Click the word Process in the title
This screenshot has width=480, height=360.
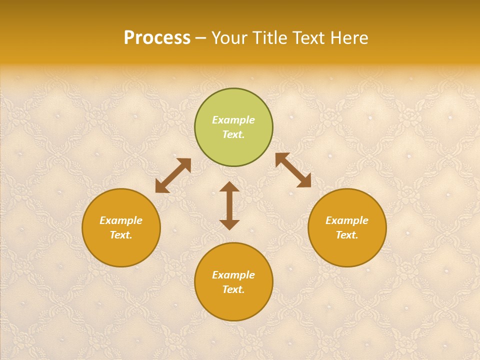point(157,38)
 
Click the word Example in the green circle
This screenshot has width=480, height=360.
point(233,120)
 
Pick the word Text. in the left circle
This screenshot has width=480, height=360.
point(121,235)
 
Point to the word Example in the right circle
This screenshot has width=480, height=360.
point(347,220)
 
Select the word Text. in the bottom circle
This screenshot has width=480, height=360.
point(233,289)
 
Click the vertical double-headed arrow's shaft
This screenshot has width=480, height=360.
point(229,205)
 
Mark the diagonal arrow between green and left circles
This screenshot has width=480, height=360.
point(173,175)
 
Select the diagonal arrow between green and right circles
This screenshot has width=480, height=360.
point(293,170)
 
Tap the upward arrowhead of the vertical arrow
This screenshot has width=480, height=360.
point(229,187)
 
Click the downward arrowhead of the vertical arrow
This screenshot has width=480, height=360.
point(229,224)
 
